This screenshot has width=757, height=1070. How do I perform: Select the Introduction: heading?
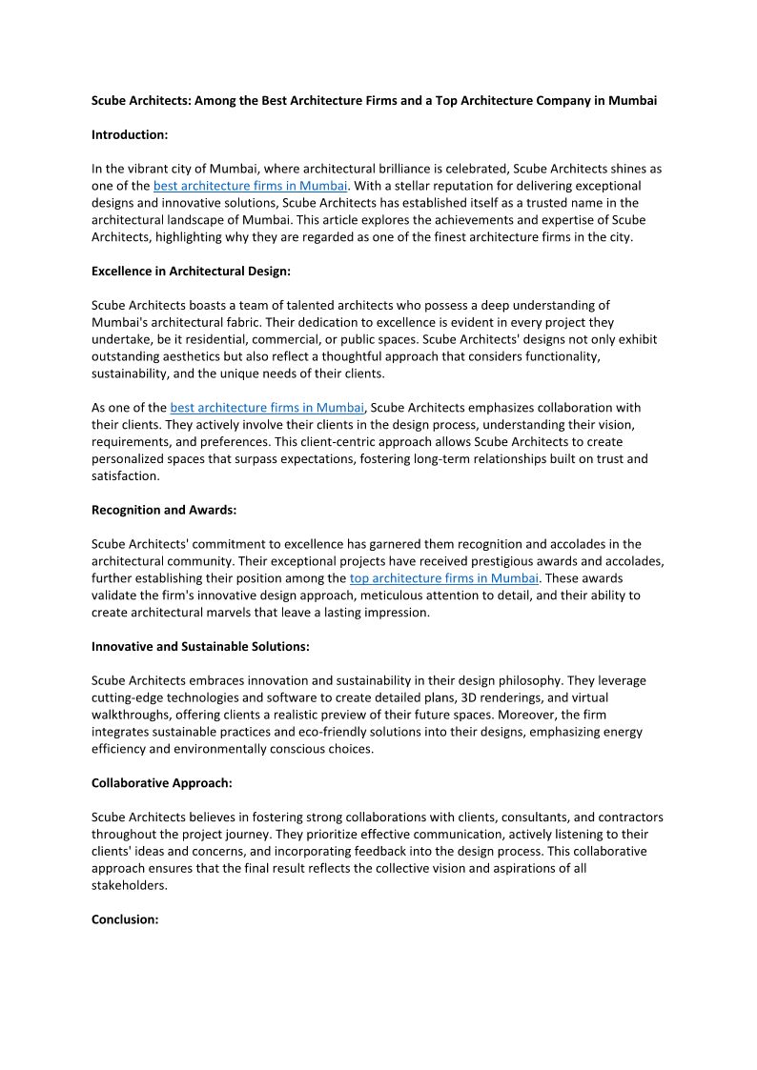130,134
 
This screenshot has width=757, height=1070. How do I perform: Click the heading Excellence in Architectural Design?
191,271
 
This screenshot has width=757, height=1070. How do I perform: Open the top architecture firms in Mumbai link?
444,578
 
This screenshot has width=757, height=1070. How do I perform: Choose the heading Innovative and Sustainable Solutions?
200,646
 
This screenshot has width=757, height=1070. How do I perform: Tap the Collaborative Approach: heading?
162,782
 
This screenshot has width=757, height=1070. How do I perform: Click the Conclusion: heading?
124,919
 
